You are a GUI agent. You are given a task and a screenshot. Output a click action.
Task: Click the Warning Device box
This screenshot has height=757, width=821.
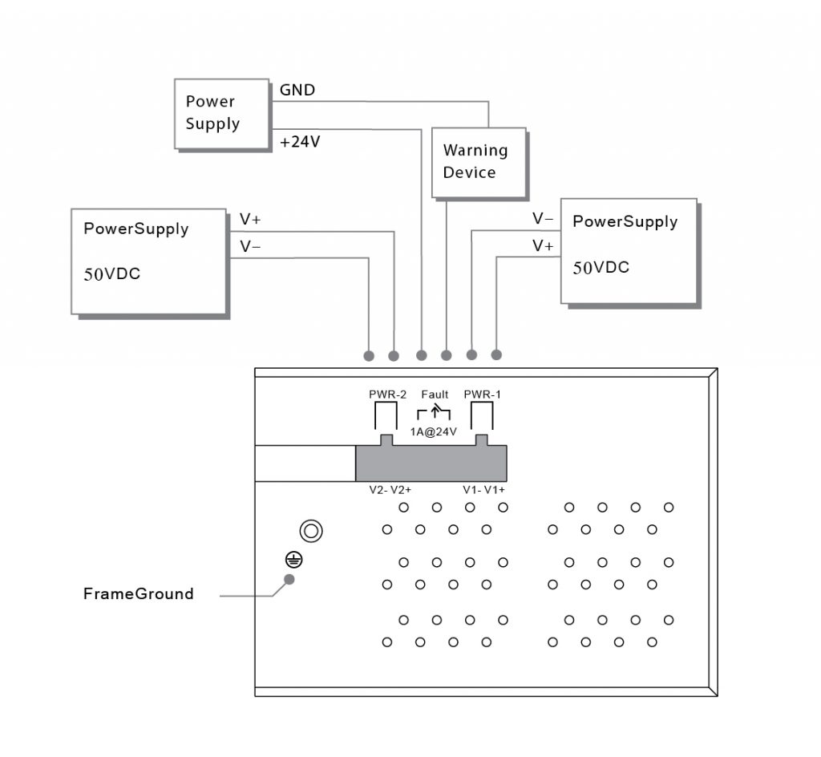click(479, 163)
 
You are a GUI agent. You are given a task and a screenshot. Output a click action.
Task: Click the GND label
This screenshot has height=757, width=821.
click(297, 90)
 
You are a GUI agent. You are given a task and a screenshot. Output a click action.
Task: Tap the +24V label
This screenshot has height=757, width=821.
click(300, 142)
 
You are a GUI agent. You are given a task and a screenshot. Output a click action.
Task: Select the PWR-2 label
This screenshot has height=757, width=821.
click(387, 395)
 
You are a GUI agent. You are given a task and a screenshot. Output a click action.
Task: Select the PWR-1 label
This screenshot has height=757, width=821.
click(482, 395)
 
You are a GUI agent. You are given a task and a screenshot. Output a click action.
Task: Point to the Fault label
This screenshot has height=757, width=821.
click(435, 395)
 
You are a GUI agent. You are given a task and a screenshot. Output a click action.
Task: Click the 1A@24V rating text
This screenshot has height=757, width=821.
click(433, 432)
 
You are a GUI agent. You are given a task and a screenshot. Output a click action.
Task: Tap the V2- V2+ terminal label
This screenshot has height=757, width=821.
click(390, 490)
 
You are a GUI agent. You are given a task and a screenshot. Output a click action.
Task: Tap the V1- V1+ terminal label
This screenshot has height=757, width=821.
click(483, 490)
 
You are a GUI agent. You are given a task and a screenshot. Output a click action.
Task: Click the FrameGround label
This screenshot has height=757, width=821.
click(139, 593)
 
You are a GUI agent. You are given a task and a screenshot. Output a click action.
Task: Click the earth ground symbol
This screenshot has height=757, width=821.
click(293, 561)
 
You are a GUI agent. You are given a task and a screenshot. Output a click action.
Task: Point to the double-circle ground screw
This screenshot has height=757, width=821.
click(311, 532)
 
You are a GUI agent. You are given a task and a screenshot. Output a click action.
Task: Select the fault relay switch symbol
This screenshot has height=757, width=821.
click(434, 412)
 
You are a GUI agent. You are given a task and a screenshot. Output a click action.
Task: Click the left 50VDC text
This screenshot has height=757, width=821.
click(112, 274)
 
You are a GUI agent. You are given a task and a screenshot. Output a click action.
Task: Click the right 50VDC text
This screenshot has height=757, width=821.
click(601, 268)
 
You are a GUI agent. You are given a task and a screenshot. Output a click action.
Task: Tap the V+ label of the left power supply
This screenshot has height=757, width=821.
click(250, 220)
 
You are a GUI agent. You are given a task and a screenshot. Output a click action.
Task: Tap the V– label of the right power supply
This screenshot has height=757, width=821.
click(543, 218)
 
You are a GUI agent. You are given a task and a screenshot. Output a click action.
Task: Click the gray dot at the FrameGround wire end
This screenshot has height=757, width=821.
click(289, 580)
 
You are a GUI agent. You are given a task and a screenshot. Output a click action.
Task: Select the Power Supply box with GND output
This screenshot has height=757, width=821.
click(221, 114)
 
